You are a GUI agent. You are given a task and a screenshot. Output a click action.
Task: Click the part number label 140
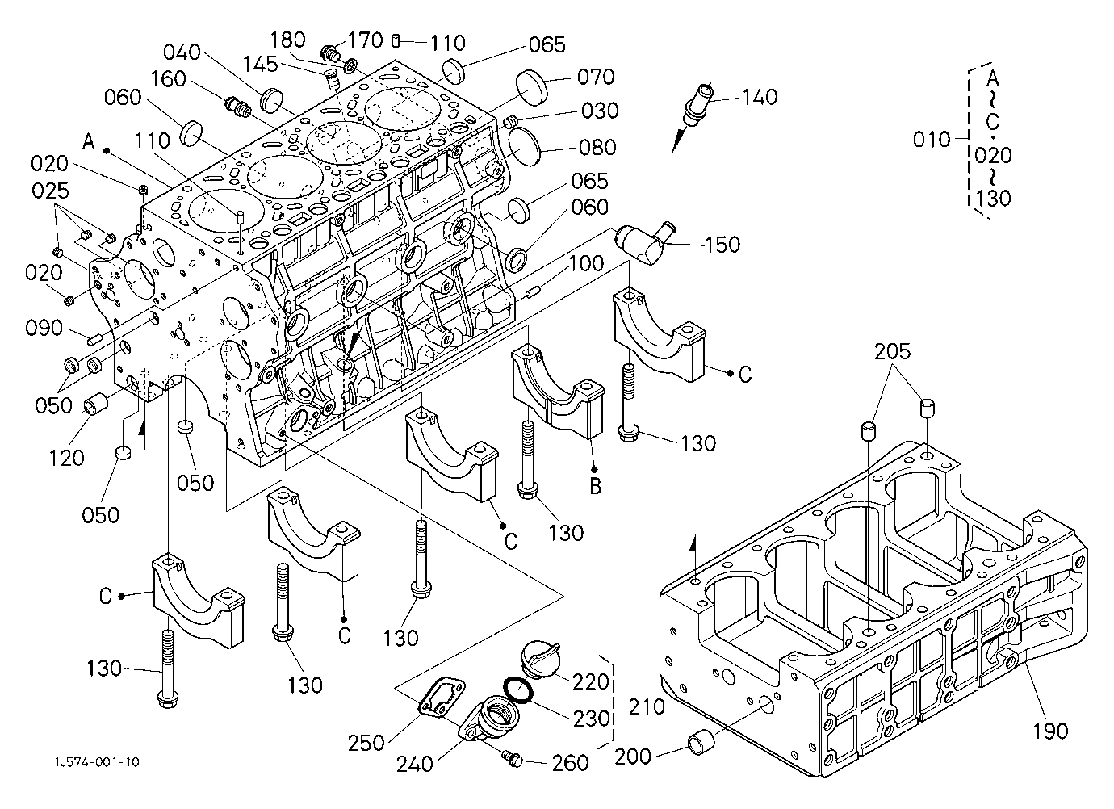pyautogui.click(x=760, y=97)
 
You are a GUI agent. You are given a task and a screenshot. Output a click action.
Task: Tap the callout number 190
pyautogui.click(x=1050, y=731)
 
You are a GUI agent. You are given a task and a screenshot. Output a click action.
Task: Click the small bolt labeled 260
pyautogui.click(x=515, y=759)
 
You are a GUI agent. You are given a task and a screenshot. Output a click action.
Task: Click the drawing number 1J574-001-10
pyautogui.click(x=97, y=762)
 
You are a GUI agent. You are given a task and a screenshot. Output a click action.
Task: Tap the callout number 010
pyautogui.click(x=932, y=140)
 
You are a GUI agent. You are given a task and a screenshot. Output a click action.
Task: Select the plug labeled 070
pyautogui.click(x=531, y=89)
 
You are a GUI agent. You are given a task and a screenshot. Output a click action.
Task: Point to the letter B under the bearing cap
pyautogui.click(x=595, y=486)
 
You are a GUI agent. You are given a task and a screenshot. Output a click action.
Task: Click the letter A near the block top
pyautogui.click(x=89, y=142)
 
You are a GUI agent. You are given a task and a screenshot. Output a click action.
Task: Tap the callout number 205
pyautogui.click(x=892, y=352)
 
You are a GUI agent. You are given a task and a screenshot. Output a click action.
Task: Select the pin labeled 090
pyautogui.click(x=95, y=339)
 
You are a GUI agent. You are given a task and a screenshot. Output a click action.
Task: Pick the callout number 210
pyautogui.click(x=647, y=707)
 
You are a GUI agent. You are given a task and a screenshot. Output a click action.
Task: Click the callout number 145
pyautogui.click(x=260, y=64)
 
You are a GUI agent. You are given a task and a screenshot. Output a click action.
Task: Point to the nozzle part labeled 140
pyautogui.click(x=693, y=115)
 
